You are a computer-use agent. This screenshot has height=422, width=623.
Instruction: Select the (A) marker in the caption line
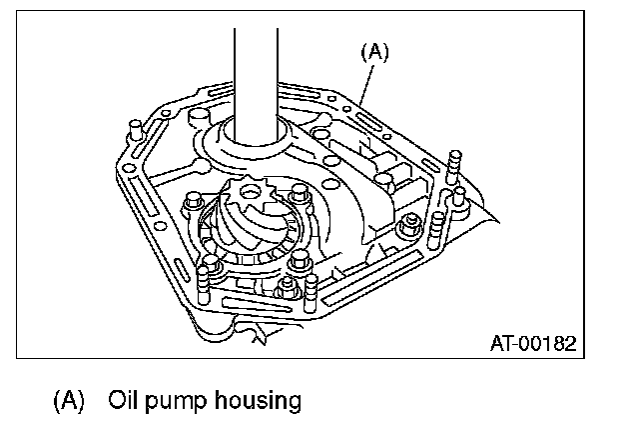tap(67, 402)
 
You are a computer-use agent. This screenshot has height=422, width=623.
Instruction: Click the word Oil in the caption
tap(130, 402)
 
